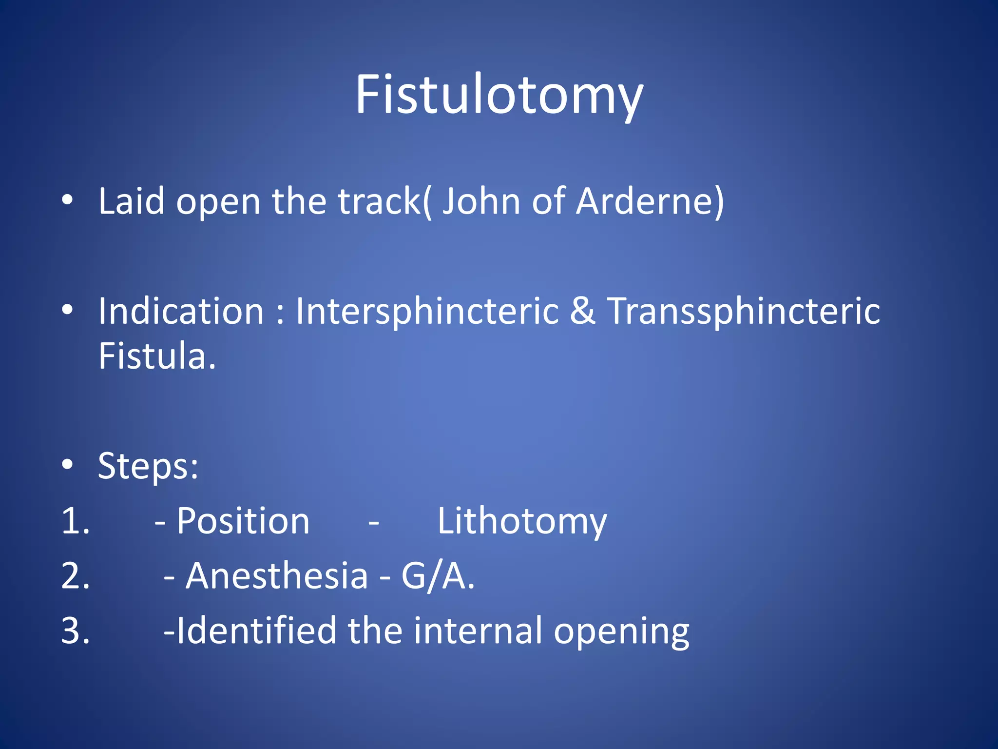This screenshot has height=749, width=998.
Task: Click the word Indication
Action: (181, 311)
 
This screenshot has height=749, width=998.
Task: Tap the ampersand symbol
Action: (582, 311)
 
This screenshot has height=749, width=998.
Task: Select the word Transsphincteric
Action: (743, 311)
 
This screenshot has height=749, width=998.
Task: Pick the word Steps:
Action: (148, 466)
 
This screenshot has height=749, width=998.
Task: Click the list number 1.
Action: (76, 521)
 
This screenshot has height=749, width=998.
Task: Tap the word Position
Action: (243, 521)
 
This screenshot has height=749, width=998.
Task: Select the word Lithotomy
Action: (522, 521)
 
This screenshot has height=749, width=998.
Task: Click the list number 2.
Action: (76, 576)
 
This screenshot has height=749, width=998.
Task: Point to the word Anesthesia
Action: (276, 576)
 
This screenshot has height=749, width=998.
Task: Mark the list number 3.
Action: (76, 631)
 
